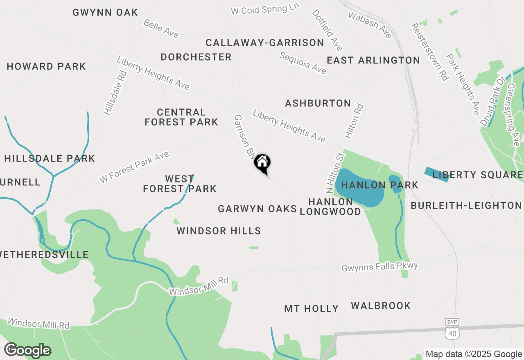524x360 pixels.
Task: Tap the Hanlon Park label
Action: tap(379, 185)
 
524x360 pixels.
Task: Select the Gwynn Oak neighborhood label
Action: tap(105, 13)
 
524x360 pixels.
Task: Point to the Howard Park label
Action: tap(46, 66)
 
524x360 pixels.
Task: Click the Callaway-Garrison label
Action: tap(264, 43)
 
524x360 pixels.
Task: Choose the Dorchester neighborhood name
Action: tap(196, 57)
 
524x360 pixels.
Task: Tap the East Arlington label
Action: tap(373, 61)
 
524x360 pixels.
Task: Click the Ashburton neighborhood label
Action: tap(318, 103)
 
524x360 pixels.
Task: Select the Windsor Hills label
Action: tap(219, 231)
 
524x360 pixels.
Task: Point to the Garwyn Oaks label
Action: tap(257, 209)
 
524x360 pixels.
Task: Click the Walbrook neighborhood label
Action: tap(381, 306)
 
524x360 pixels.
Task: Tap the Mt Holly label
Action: tap(311, 308)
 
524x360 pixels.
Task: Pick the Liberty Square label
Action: tap(477, 175)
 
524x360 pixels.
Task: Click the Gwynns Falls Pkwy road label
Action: tap(379, 267)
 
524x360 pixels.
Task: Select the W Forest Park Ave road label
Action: tap(134, 168)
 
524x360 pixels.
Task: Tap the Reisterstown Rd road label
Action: tap(429, 52)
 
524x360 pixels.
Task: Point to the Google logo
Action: tap(27, 350)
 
